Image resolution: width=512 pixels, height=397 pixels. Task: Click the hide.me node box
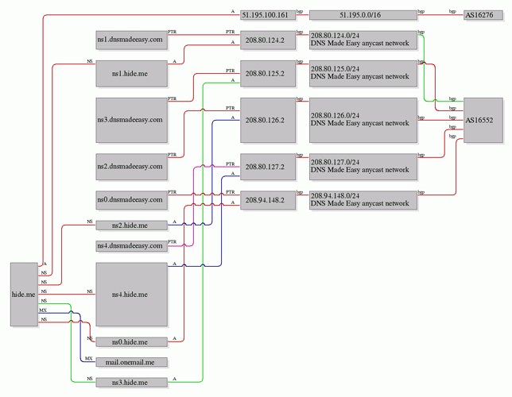tap(24, 294)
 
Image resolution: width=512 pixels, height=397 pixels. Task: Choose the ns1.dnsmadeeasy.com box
tap(130, 39)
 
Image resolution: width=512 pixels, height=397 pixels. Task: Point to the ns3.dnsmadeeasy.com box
tap(130, 120)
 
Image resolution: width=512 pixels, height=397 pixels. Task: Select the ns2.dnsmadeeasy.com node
tap(130, 167)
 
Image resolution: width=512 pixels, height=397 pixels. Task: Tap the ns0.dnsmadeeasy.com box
tap(130, 200)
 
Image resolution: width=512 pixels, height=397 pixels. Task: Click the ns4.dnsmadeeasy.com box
tap(130, 245)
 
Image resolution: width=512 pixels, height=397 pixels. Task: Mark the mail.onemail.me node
tap(130, 362)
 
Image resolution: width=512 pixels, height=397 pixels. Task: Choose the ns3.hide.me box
tap(130, 383)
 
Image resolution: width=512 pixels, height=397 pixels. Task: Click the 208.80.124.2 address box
tap(266, 39)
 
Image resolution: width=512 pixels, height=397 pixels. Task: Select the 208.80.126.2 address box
tap(266, 120)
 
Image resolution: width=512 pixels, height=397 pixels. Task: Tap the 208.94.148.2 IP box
tap(266, 200)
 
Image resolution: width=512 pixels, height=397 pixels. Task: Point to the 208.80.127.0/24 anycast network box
tap(362, 167)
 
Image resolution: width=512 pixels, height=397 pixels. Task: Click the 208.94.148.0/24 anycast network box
tap(362, 200)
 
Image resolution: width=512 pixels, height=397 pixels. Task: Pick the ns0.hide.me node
tap(130, 342)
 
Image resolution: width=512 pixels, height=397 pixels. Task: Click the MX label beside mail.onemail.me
tap(88, 358)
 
